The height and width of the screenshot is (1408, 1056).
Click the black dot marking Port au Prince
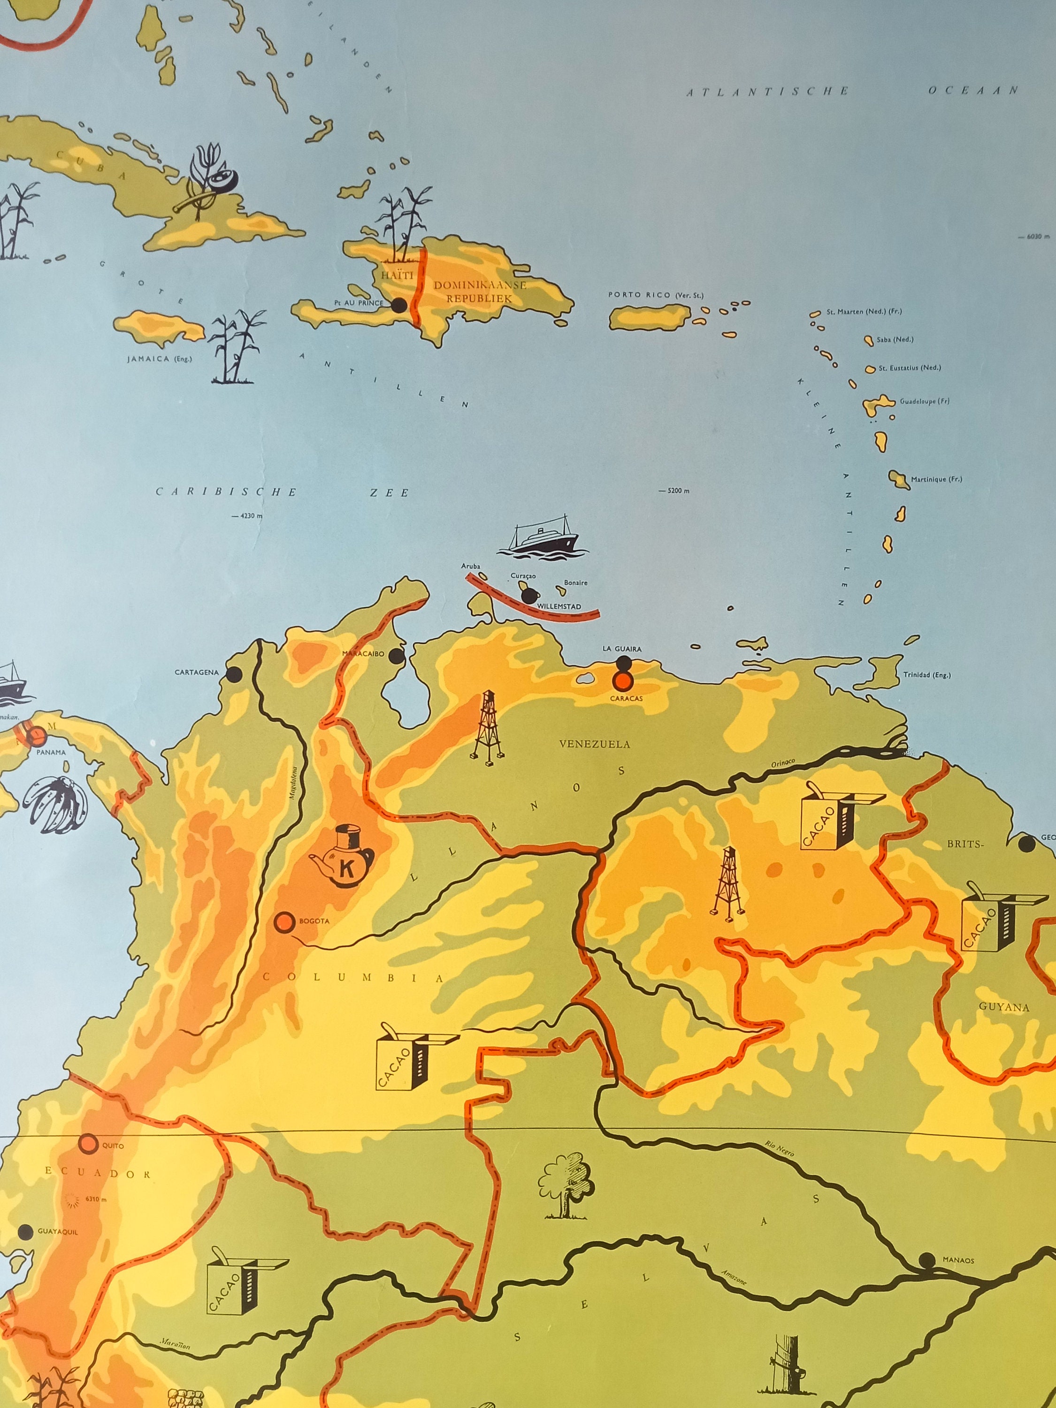click(x=399, y=306)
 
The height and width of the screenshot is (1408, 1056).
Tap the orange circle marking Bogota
click(x=284, y=921)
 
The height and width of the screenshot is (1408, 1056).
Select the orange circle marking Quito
click(x=89, y=1142)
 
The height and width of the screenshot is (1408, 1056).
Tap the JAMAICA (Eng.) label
click(x=159, y=359)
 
